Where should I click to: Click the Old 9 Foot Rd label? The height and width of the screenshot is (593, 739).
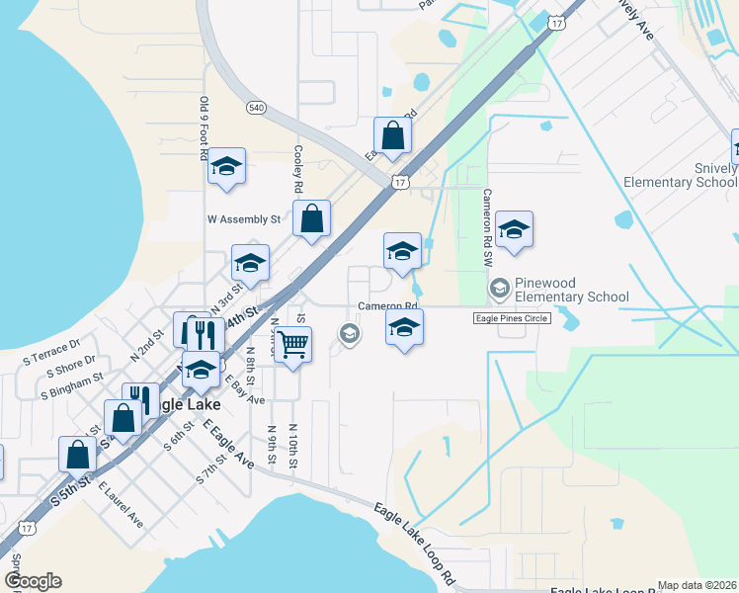[x=204, y=127]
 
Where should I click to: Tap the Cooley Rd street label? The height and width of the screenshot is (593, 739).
[x=297, y=170]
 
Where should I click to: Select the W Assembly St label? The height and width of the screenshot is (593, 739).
[x=243, y=219]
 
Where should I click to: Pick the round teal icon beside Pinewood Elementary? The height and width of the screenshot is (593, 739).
[x=499, y=288]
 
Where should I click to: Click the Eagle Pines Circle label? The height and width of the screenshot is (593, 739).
[x=512, y=318]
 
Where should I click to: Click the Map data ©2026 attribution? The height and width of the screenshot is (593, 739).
[x=697, y=585]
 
